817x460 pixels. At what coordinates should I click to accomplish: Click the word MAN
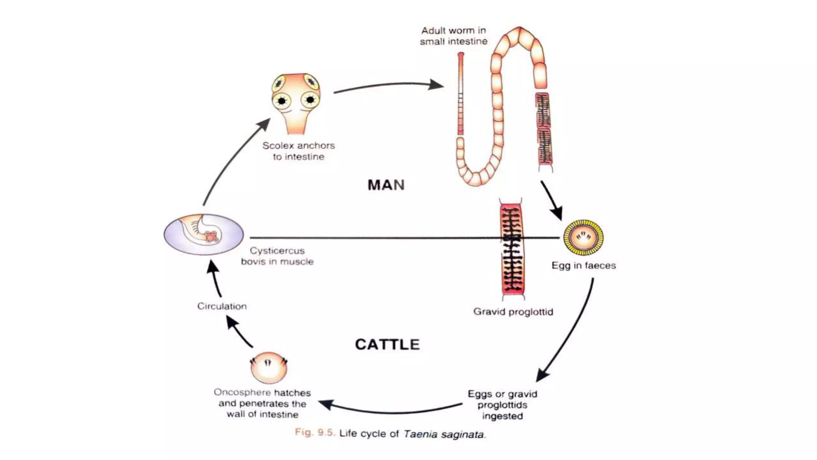point(386,185)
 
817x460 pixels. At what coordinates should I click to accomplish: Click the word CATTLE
point(387,345)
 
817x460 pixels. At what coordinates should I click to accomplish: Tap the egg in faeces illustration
point(583,238)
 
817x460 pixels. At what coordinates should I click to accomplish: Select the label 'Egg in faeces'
point(584,266)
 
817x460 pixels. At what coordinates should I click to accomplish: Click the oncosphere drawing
point(268,368)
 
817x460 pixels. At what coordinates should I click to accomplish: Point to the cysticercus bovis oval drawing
point(204,234)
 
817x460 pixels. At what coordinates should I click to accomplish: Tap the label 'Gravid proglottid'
point(513,312)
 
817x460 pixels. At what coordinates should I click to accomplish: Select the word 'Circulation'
point(222,306)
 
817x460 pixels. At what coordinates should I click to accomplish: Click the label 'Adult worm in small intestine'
point(454,36)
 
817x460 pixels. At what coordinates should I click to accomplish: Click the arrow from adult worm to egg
point(552,200)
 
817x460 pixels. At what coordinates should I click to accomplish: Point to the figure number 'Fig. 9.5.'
point(315,432)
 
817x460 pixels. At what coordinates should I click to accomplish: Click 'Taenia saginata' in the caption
point(444,434)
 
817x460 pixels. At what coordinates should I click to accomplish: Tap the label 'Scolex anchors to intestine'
point(298,151)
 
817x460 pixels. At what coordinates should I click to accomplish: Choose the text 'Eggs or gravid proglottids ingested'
point(502,405)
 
